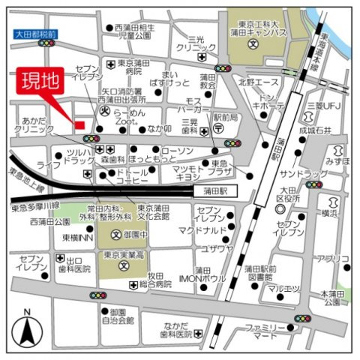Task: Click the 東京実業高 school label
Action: click(x=123, y=255)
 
